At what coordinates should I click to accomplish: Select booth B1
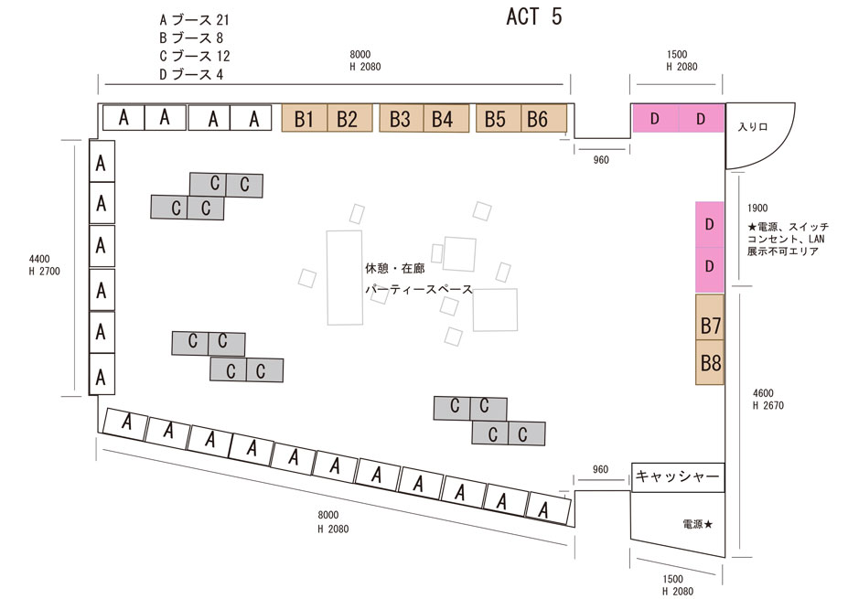click(304, 118)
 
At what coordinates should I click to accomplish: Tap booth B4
click(444, 118)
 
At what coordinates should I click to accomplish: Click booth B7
click(711, 325)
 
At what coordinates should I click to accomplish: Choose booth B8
click(711, 363)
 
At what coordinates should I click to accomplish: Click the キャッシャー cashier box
click(678, 476)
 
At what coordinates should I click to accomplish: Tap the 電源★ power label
click(697, 525)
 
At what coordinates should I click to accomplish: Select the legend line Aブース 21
click(194, 19)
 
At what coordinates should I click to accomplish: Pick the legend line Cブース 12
click(194, 56)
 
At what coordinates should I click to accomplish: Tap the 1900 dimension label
click(757, 209)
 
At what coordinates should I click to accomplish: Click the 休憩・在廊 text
click(394, 269)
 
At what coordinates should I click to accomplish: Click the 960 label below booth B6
click(600, 160)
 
